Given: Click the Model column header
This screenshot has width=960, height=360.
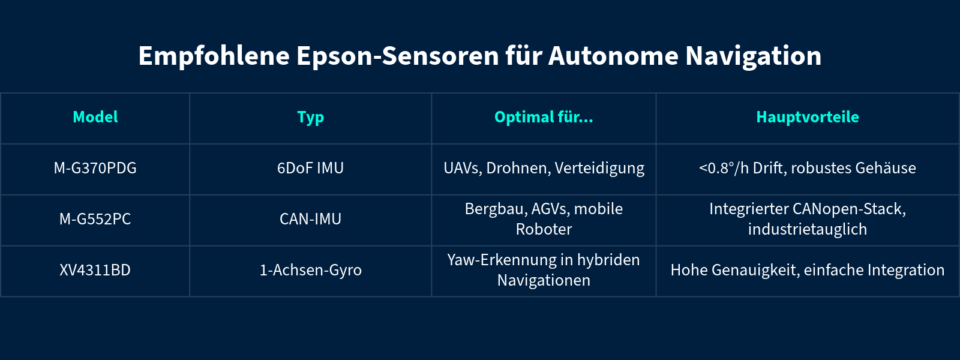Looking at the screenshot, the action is (95, 117).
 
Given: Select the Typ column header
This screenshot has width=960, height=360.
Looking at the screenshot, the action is (310, 118).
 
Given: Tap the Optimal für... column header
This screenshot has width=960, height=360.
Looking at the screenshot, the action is (544, 117).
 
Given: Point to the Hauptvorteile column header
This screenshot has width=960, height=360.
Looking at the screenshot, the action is (808, 117).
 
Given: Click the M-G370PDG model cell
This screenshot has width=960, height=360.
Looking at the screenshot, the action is (95, 168).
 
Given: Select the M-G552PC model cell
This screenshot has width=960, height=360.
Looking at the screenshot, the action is (95, 219).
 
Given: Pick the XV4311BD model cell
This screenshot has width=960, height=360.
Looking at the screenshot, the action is (95, 270).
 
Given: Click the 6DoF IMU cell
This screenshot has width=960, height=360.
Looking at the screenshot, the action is (310, 168).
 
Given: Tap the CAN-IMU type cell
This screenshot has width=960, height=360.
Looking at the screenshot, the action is (310, 219).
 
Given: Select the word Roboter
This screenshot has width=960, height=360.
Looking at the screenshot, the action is (544, 229).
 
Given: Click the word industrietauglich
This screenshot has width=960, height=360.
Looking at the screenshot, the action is (808, 229).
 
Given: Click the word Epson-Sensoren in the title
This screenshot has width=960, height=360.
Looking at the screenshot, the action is (397, 56).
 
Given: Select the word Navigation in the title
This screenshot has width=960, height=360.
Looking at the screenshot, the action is (753, 56).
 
